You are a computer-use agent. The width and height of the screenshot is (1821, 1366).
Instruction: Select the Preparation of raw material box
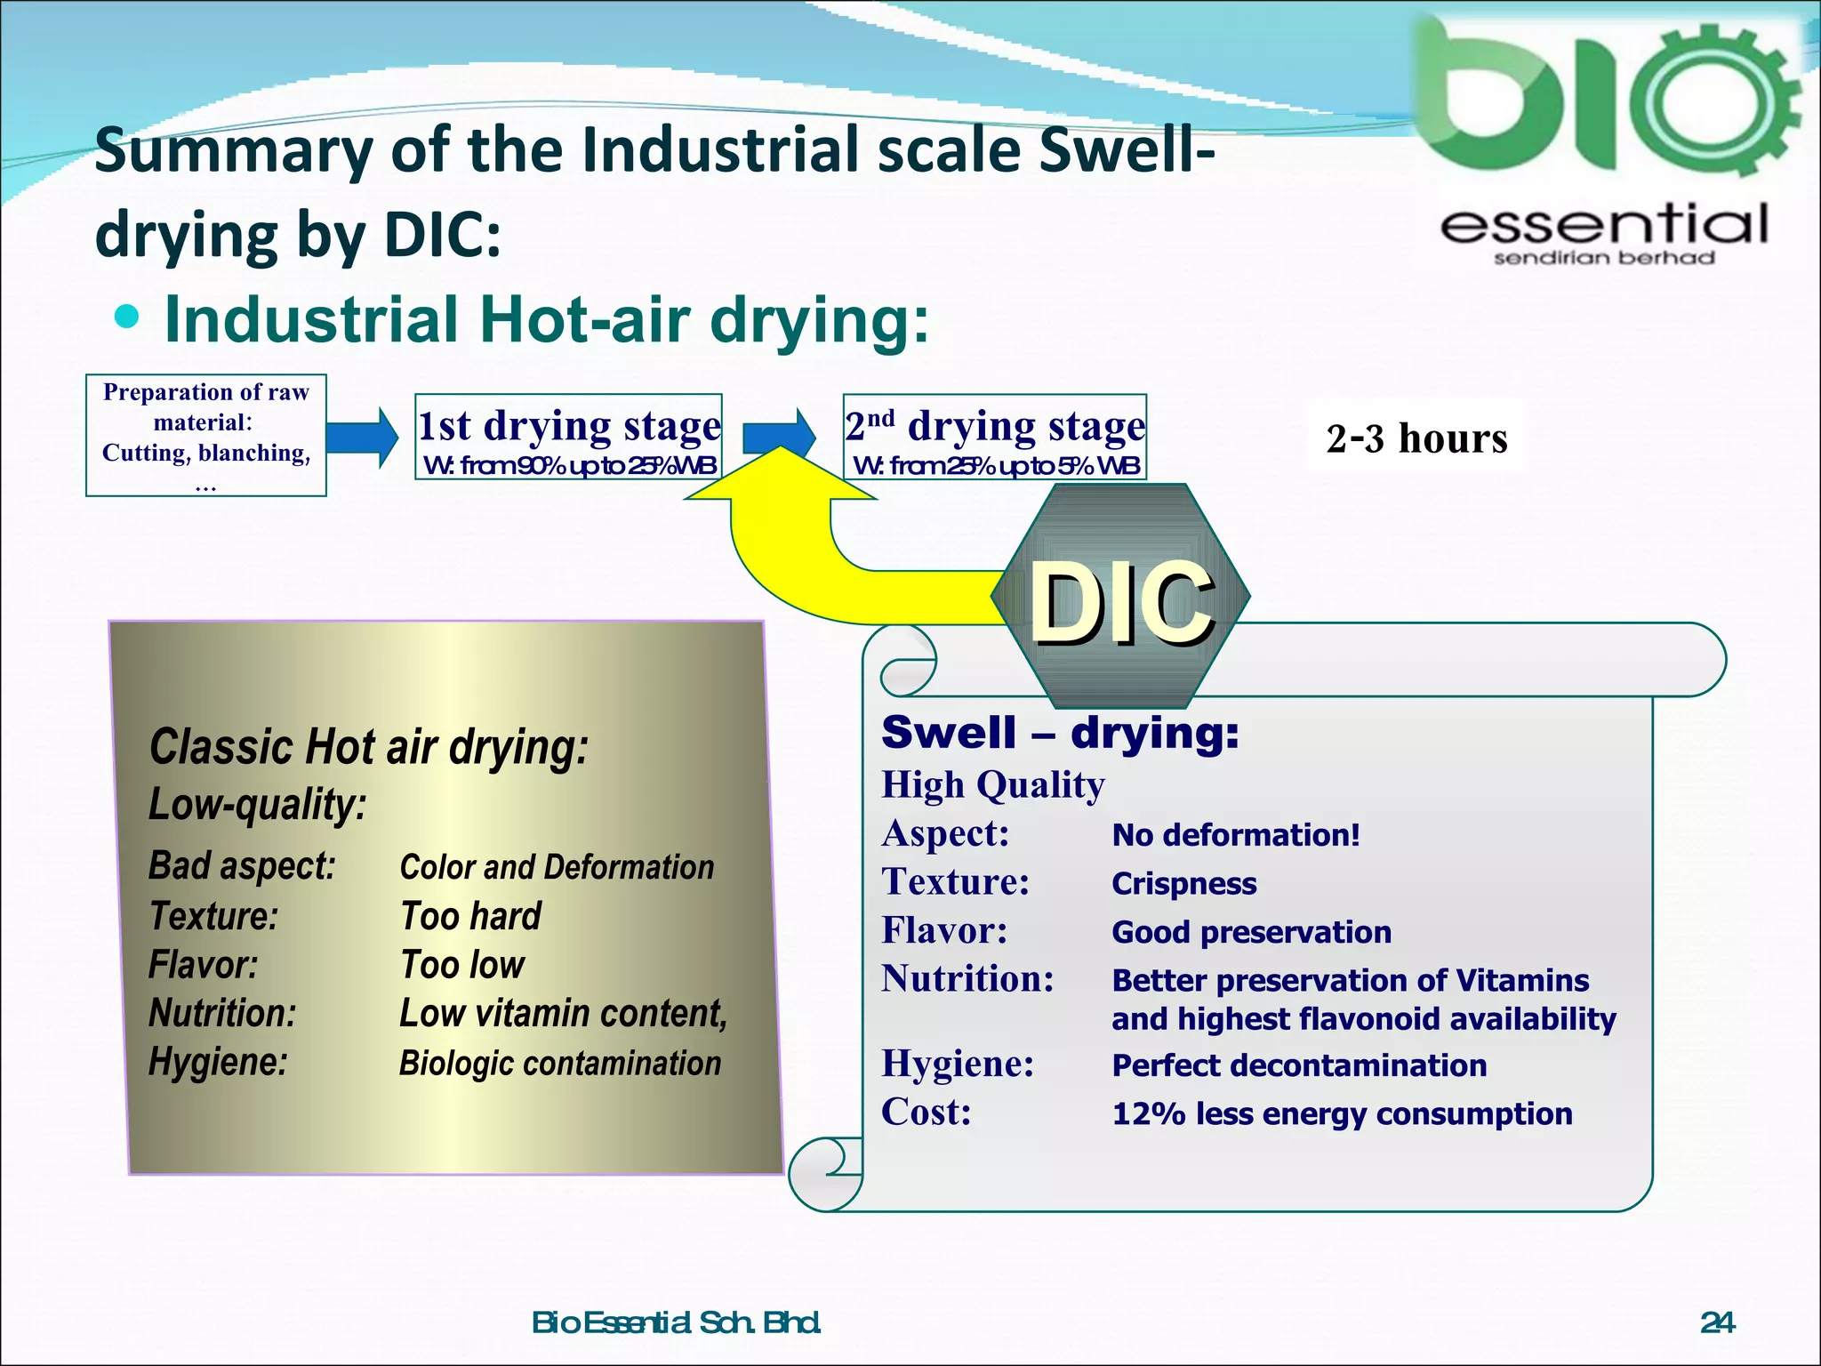tap(206, 435)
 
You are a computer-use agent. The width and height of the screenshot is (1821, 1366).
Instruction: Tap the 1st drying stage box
tap(568, 437)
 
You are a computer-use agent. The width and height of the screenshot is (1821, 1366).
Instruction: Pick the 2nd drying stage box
tap(995, 437)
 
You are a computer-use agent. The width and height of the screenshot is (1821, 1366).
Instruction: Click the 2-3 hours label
tap(1416, 438)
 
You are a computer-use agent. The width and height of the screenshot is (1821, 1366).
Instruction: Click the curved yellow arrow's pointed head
tap(779, 471)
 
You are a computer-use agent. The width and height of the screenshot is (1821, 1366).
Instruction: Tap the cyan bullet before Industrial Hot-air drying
tap(128, 317)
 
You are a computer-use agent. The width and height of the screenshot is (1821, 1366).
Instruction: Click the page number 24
tap(1717, 1323)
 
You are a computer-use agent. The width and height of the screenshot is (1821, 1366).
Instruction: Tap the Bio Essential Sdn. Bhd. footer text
tap(676, 1323)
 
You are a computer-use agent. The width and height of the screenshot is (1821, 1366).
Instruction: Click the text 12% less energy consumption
tap(1342, 1113)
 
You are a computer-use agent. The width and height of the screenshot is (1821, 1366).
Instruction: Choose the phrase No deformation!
tap(1236, 835)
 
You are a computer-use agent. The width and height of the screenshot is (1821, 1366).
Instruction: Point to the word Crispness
tap(1183, 884)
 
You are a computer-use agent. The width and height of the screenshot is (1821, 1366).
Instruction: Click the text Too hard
tap(470, 916)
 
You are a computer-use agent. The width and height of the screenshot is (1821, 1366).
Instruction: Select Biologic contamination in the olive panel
tap(559, 1064)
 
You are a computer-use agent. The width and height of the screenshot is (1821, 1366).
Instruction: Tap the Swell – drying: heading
tap(1060, 734)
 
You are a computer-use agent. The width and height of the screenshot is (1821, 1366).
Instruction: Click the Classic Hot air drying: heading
tap(368, 747)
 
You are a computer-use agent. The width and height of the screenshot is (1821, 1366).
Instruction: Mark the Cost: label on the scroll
tap(926, 1113)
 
